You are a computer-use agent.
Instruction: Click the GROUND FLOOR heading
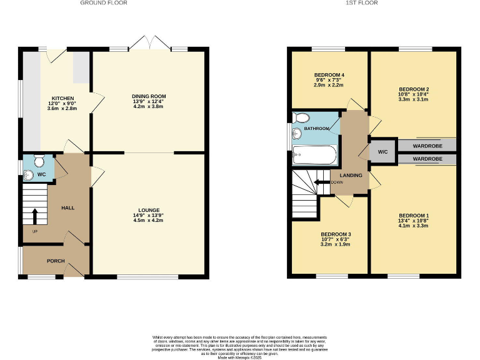pyautogui.click(x=104, y=3)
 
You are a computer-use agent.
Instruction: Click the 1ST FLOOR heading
pyautogui.click(x=362, y=3)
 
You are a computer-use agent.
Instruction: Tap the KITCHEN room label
pyautogui.click(x=62, y=98)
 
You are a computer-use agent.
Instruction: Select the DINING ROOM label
pyautogui.click(x=149, y=96)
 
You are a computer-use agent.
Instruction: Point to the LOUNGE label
pyautogui.click(x=149, y=210)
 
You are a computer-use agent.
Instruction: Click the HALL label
pyautogui.click(x=67, y=207)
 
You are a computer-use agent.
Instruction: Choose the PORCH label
pyautogui.click(x=56, y=261)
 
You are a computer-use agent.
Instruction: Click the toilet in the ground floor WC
pyautogui.click(x=39, y=161)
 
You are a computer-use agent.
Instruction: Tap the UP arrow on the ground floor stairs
pyautogui.click(x=34, y=216)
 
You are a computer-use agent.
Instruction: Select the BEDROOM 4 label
pyautogui.click(x=329, y=75)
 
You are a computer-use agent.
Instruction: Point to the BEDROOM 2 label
pyautogui.click(x=413, y=89)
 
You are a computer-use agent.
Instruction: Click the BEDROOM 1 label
pyautogui.click(x=413, y=216)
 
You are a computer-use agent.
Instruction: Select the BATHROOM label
pyautogui.click(x=316, y=129)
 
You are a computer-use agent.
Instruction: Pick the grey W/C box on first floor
pyautogui.click(x=382, y=152)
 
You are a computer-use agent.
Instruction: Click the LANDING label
pyautogui.click(x=351, y=175)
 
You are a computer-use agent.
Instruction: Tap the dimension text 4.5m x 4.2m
pyautogui.click(x=149, y=220)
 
